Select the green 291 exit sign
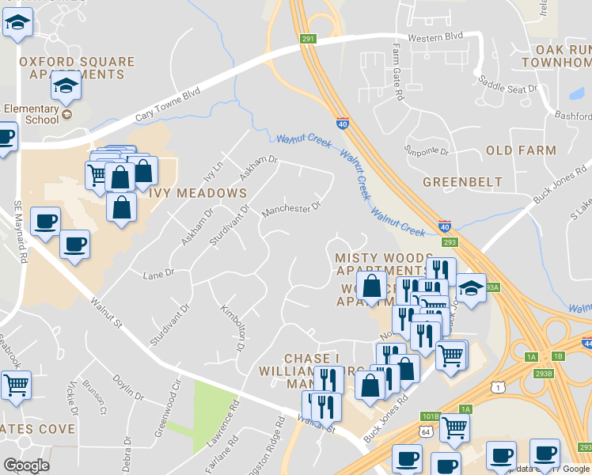coord(309,38)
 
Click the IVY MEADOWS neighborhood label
coord(195,193)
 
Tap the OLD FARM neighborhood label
coord(521,150)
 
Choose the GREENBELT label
coord(462,181)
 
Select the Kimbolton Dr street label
coord(231,328)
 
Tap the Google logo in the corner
coord(26,465)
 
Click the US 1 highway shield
coord(495,386)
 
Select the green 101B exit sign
coord(430,415)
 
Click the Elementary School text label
coord(31,115)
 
